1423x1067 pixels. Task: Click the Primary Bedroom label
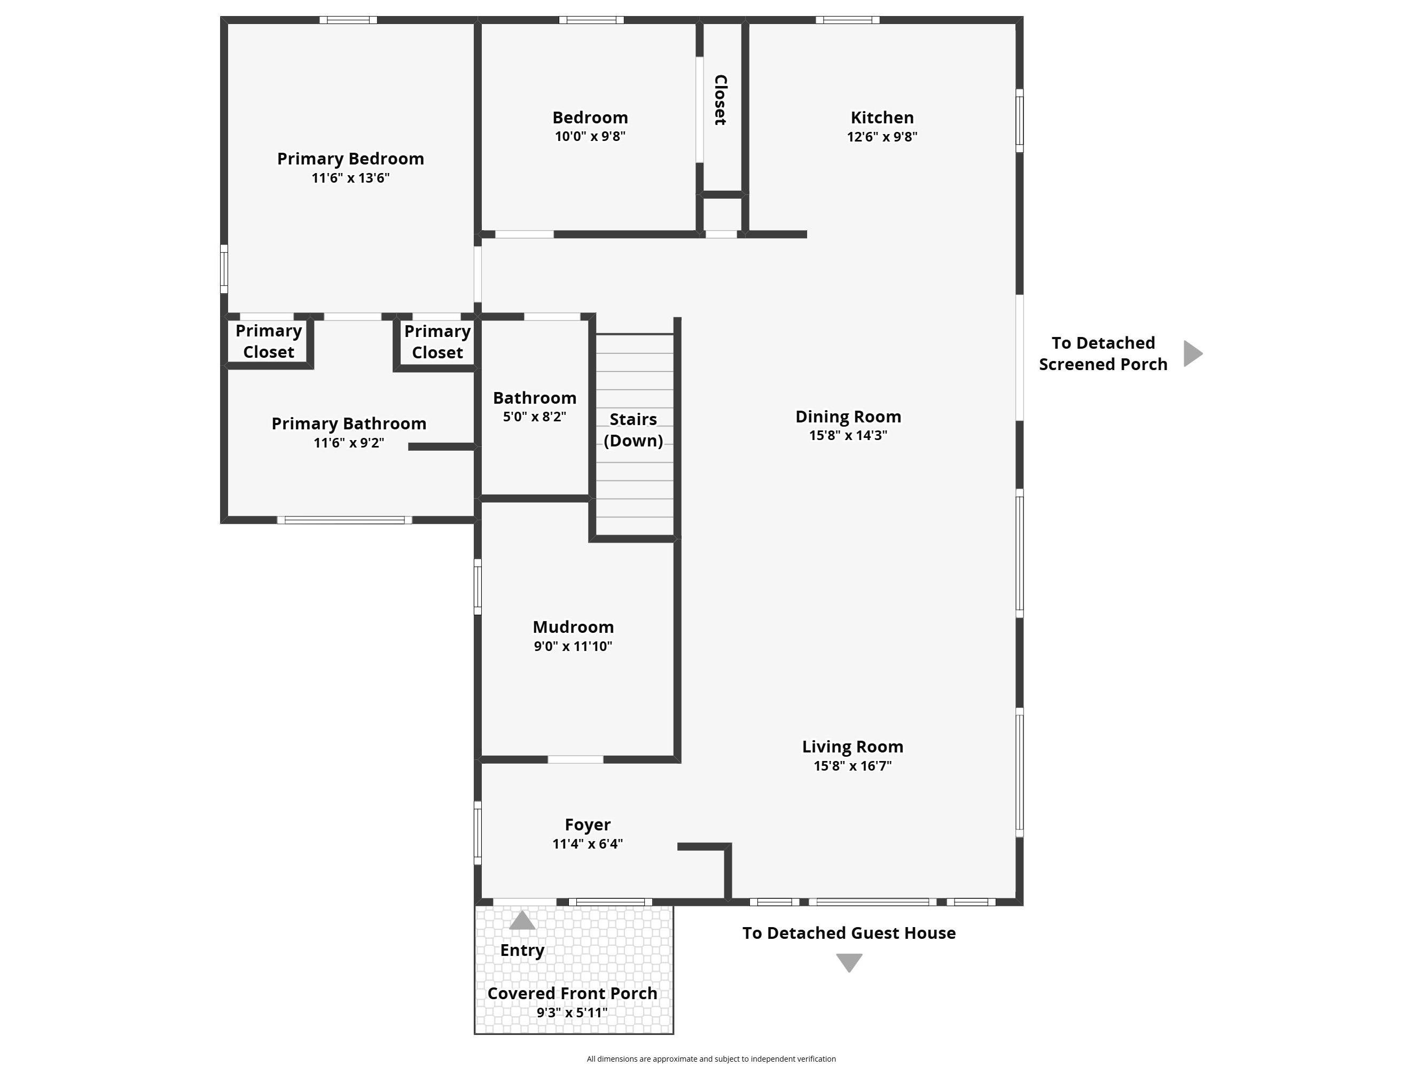[350, 158]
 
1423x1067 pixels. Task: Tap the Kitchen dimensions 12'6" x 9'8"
[881, 136]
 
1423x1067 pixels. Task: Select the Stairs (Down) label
[633, 429]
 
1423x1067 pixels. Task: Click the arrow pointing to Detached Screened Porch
[1192, 353]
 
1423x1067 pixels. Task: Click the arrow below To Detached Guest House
[849, 962]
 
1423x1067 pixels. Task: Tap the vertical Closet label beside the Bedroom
[721, 100]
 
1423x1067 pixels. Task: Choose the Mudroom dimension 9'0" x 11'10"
[573, 646]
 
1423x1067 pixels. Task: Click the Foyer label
[588, 824]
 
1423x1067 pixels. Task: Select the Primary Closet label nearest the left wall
[268, 341]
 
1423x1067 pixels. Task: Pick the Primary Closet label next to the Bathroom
[437, 342]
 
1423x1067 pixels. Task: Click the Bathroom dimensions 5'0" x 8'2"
[534, 416]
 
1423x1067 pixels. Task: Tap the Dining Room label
[848, 416]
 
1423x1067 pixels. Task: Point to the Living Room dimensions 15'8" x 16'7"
[853, 765]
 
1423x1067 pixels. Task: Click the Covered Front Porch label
[572, 993]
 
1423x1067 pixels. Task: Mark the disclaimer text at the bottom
[711, 1058]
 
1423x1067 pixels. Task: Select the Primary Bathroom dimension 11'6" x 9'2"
[349, 443]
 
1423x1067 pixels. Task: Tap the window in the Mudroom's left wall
[478, 586]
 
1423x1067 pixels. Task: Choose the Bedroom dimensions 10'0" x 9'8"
[590, 136]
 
